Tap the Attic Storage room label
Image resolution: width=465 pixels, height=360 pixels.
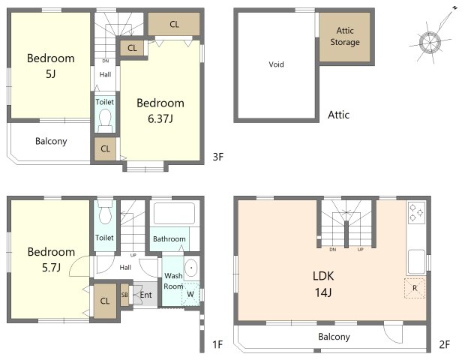(x=345, y=36)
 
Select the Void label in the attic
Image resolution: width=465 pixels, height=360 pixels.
(x=276, y=64)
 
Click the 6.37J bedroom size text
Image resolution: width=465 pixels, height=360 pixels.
(x=160, y=118)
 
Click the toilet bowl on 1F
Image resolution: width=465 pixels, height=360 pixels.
(x=105, y=212)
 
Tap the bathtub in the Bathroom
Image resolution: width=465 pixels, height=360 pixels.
(x=174, y=213)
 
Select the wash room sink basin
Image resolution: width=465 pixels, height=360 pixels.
(x=191, y=268)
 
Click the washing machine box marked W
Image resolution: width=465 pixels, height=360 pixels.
(x=190, y=294)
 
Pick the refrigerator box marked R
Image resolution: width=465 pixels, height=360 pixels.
(x=415, y=288)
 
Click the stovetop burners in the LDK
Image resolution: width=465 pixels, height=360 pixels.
(x=416, y=213)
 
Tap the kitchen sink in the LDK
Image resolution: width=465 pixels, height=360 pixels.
(x=416, y=262)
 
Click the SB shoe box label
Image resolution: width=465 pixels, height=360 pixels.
(x=124, y=295)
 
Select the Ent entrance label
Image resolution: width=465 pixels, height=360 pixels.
(x=145, y=295)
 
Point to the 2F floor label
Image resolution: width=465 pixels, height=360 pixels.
(x=444, y=344)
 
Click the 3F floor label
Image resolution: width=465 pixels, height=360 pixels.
(x=218, y=157)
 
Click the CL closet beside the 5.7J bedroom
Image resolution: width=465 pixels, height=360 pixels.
(x=105, y=301)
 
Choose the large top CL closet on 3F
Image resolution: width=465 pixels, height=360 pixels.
(x=174, y=24)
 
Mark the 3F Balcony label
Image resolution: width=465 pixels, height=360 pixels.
(x=51, y=141)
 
